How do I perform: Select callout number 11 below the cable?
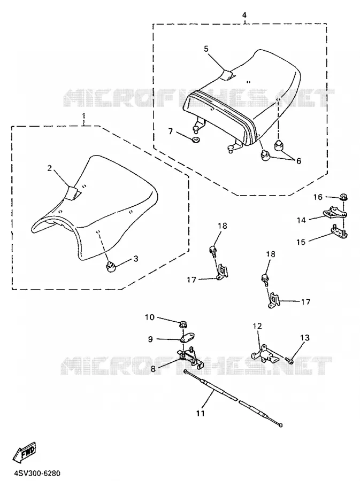201,414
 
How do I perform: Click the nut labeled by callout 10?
183,324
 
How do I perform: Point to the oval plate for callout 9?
186,338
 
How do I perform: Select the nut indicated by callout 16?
343,198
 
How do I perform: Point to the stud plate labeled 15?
339,232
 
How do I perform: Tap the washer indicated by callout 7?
195,140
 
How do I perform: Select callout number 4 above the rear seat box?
244,15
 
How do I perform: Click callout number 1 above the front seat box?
83,117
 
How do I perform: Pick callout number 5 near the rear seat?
206,49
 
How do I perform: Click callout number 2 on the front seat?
50,167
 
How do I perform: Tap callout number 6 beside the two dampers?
298,161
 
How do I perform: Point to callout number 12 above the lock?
257,326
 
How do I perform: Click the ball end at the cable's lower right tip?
280,425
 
